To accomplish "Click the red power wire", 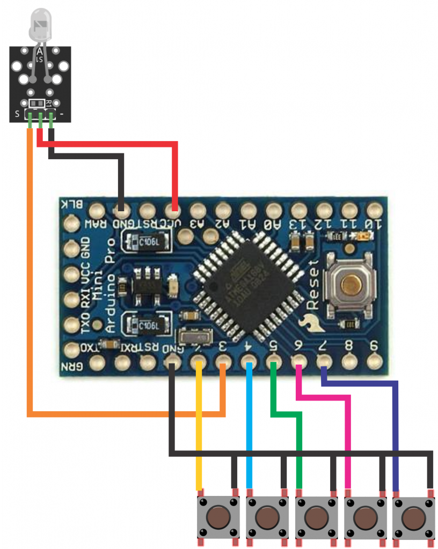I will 107,144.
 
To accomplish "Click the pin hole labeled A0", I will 273,209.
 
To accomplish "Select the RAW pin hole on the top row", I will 97,209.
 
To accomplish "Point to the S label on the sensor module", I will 18,114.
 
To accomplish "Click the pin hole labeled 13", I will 298,209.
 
